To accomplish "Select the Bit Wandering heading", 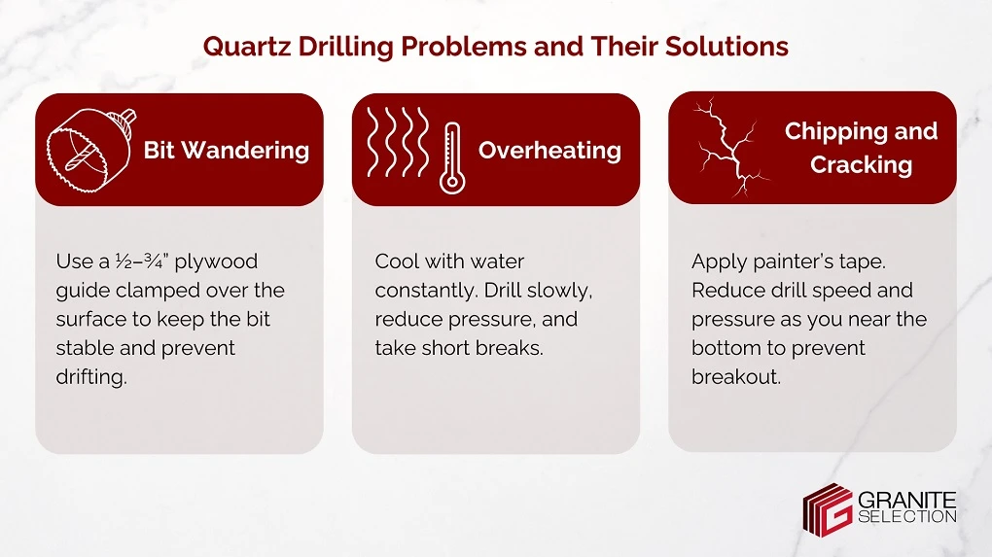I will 227,151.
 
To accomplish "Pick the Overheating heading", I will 549,151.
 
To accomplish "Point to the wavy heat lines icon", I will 397,143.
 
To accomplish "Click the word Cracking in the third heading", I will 861,165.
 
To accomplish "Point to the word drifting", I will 91,377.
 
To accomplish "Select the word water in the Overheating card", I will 497,261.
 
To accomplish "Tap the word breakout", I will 735,377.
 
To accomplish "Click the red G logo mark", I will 827,508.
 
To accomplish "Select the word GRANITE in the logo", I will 906,500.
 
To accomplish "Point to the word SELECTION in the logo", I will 906,517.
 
